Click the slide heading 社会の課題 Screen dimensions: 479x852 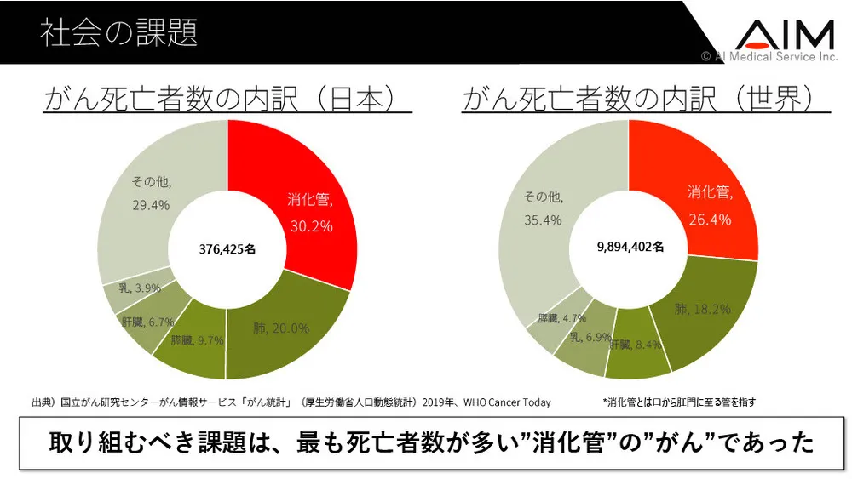(x=118, y=32)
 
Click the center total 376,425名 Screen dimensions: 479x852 (x=227, y=249)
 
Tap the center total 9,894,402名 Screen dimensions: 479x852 (x=628, y=248)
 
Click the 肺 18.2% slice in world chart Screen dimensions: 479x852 (x=701, y=311)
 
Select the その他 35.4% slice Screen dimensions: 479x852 (x=545, y=208)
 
